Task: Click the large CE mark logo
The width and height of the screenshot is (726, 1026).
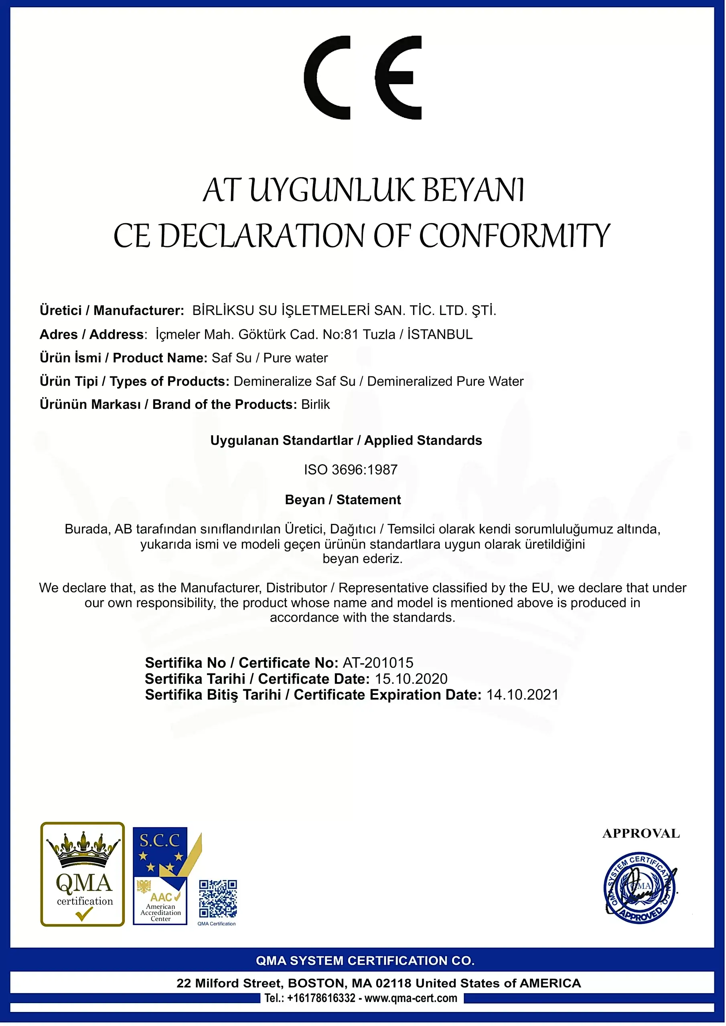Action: (x=362, y=77)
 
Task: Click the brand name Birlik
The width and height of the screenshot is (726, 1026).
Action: (x=315, y=404)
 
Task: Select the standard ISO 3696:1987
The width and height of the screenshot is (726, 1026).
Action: (x=351, y=470)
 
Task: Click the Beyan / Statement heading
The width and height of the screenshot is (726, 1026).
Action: (x=343, y=500)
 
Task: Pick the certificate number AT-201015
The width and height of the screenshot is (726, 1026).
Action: (x=378, y=663)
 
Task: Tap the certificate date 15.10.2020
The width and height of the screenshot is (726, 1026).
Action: (x=411, y=679)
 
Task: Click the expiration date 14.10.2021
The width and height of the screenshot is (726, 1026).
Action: (x=523, y=695)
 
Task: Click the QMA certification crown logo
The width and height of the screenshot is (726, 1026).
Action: (x=83, y=874)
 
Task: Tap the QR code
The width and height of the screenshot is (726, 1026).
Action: (x=218, y=898)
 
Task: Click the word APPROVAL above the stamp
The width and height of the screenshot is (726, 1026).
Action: (x=641, y=833)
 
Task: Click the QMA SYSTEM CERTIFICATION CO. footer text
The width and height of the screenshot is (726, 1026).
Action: (x=365, y=961)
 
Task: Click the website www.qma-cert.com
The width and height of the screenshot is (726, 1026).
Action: (x=411, y=998)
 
